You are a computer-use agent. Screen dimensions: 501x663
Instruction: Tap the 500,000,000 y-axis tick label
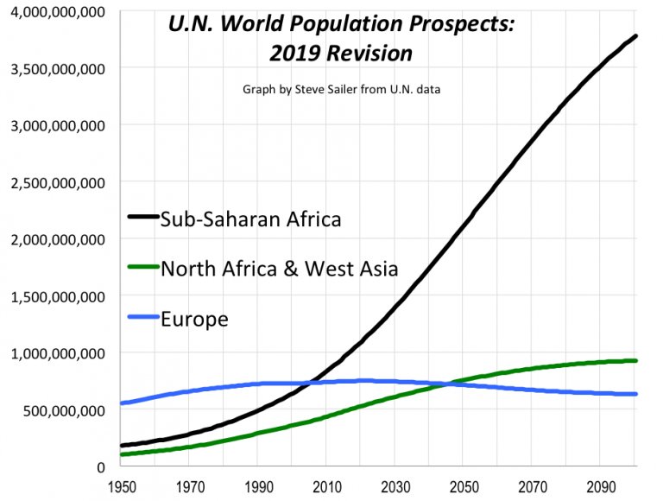(x=60, y=410)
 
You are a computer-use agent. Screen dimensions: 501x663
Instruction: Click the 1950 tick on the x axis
(x=120, y=486)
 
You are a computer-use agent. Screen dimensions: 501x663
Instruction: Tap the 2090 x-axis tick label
(x=600, y=486)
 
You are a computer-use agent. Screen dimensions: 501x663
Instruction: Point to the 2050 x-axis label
(x=463, y=486)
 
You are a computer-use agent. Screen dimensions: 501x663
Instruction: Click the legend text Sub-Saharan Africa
(x=250, y=219)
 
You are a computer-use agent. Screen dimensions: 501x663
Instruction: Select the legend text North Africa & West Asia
(x=279, y=269)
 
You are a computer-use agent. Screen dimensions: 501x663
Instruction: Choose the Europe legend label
(x=194, y=319)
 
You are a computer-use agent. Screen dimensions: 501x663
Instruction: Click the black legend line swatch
(x=142, y=219)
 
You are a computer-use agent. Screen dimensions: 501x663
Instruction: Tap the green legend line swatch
(x=142, y=269)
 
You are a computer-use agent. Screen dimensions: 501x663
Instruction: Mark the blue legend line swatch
(x=142, y=319)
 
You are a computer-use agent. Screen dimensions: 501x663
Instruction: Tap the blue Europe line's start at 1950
(x=122, y=403)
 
